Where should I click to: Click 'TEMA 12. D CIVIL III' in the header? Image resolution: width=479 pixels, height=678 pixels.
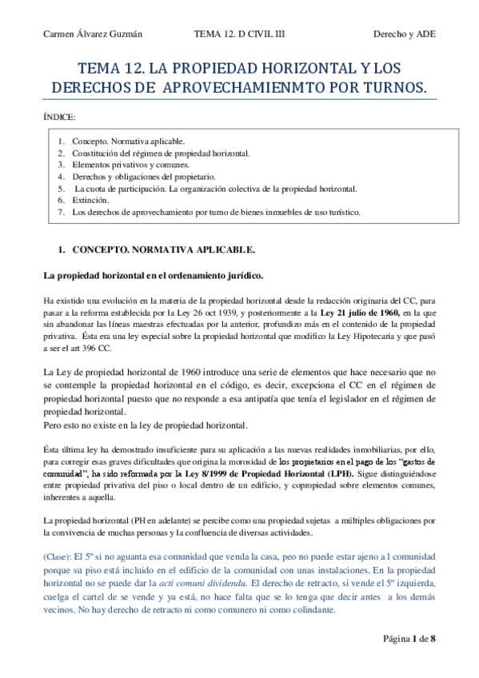(240, 34)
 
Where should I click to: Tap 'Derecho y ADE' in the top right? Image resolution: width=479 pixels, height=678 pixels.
(405, 34)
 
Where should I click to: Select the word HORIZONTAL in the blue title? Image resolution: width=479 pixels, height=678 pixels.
(279, 69)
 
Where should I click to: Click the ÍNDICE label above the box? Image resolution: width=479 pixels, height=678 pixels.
(59, 117)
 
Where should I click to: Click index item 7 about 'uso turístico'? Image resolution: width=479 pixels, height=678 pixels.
(216, 213)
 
